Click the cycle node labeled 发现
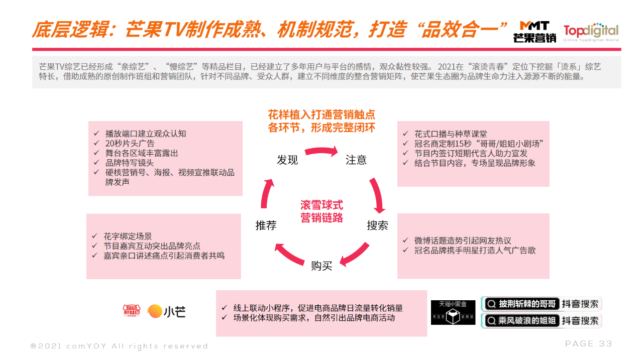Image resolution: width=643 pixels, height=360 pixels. (x=287, y=160)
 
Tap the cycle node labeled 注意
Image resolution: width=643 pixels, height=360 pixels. (x=356, y=160)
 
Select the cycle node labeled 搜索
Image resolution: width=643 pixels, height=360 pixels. (x=377, y=225)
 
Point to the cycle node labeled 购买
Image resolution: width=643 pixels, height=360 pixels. (x=321, y=266)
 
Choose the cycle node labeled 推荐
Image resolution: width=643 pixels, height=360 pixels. (x=266, y=225)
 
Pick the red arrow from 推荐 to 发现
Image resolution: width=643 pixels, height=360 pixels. (x=267, y=193)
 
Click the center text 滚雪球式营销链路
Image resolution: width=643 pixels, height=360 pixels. (x=321, y=211)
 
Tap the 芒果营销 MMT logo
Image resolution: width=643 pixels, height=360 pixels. (x=534, y=32)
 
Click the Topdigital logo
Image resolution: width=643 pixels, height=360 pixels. (x=591, y=32)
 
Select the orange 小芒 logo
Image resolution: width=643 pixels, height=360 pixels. (x=166, y=311)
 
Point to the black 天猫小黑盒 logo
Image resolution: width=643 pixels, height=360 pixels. (x=453, y=312)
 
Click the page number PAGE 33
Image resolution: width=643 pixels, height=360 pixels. (x=588, y=344)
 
